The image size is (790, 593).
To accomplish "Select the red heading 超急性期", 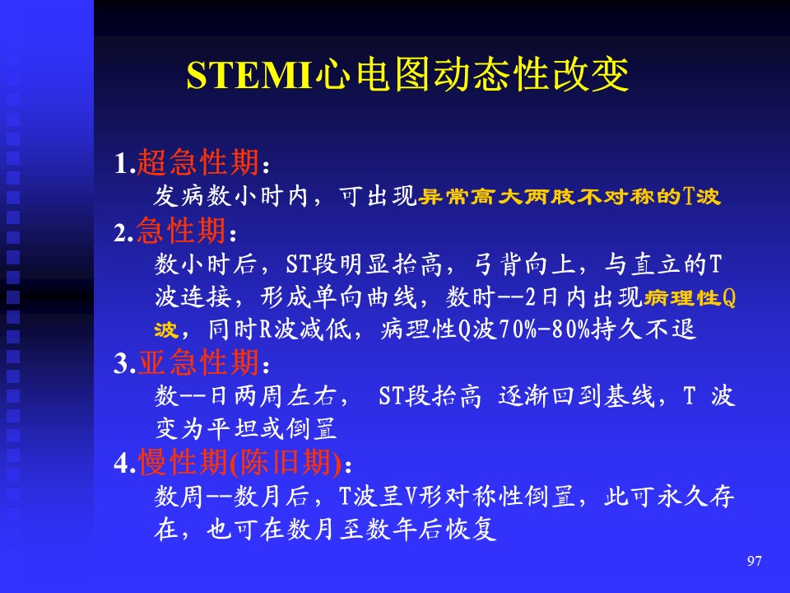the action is point(198,162).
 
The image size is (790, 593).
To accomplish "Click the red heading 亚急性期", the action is point(198,362).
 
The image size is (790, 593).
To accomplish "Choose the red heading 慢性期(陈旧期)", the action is point(240,462).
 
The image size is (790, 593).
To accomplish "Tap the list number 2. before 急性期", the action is point(123,233).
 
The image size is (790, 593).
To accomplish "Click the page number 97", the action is point(755,561).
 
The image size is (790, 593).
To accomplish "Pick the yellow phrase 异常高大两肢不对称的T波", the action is point(569,196).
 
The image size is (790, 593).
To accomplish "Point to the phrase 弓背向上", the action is point(524,264).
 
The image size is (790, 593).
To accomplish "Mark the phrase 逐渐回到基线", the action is point(576,396).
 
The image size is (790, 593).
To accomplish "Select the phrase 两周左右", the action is point(286,396).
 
